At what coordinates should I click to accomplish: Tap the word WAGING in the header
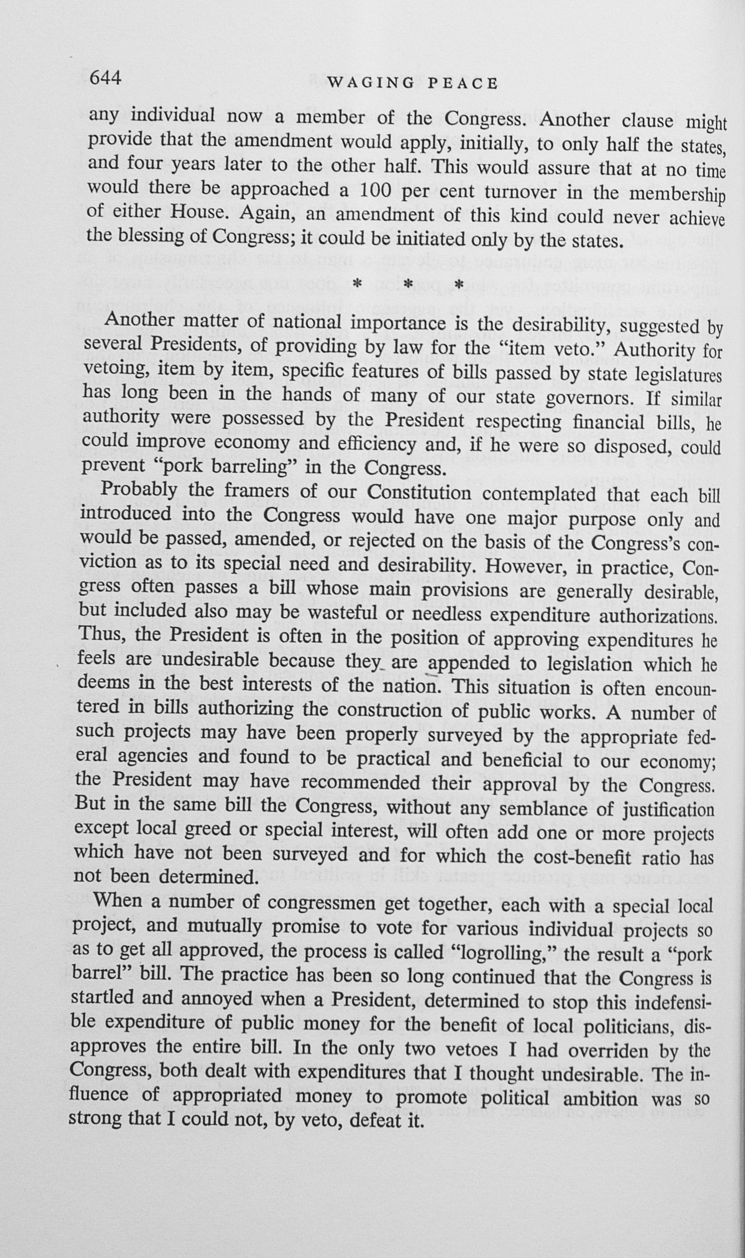[371, 83]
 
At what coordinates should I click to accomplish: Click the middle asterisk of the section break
[408, 285]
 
